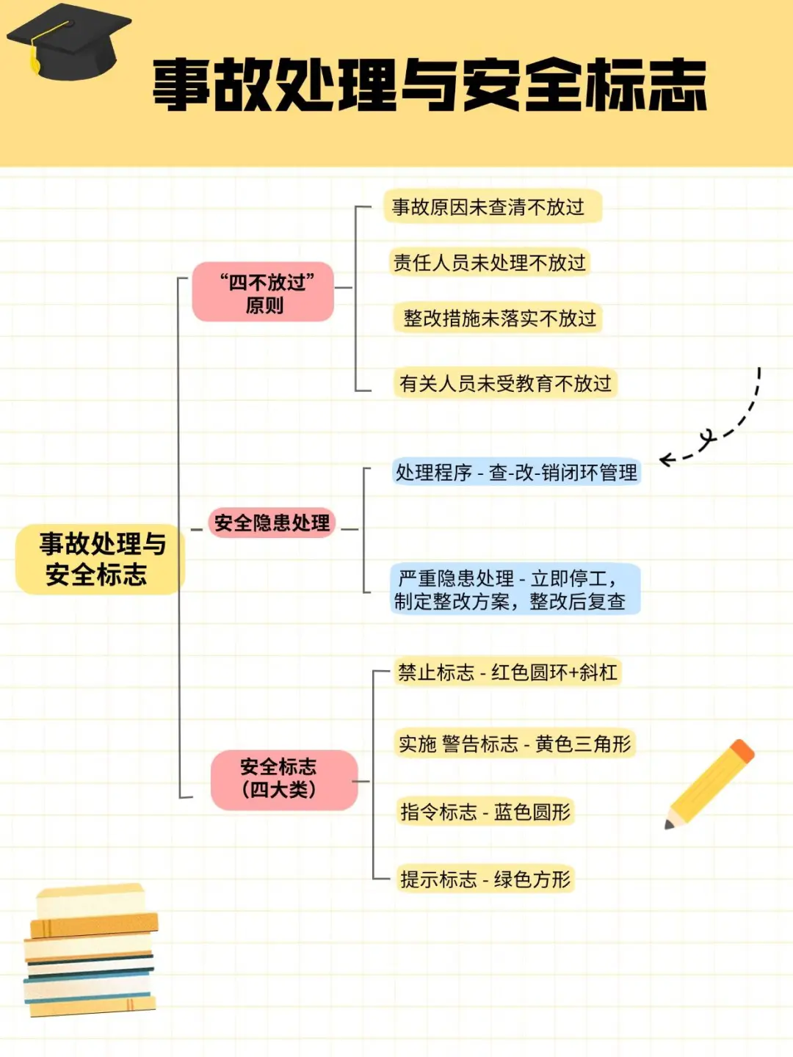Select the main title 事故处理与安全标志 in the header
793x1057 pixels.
pyautogui.click(x=429, y=86)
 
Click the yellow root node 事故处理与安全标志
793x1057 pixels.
pyautogui.click(x=100, y=559)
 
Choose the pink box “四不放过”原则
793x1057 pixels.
pyautogui.click(x=264, y=292)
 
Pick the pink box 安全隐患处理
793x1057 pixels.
pyautogui.click(x=272, y=523)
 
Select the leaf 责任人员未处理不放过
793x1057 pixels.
pyautogui.click(x=489, y=263)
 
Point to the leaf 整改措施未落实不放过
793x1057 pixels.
pyautogui.click(x=499, y=319)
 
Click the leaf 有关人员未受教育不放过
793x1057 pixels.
pyautogui.click(x=504, y=383)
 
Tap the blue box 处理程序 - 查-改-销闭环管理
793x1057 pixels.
pyautogui.click(x=516, y=472)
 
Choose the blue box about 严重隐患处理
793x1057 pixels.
pyautogui.click(x=515, y=589)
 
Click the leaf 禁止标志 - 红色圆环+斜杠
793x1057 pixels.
pyautogui.click(x=507, y=672)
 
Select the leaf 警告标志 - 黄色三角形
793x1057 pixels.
pyautogui.click(x=515, y=744)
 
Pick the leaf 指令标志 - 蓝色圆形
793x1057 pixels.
pyautogui.click(x=485, y=812)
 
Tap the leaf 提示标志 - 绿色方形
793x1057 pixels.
pyautogui.click(x=485, y=879)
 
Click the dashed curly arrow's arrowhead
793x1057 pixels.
pyautogui.click(x=665, y=460)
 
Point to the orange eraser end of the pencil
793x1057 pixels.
pyautogui.click(x=742, y=751)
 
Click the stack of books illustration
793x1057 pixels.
pyautogui.click(x=90, y=951)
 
